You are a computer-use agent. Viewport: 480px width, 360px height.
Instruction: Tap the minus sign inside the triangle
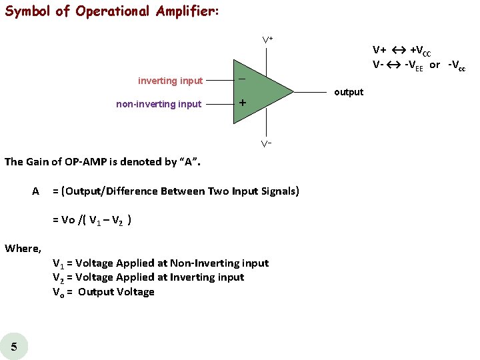coord(242,79)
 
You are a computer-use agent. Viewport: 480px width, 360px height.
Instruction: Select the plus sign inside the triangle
coord(243,103)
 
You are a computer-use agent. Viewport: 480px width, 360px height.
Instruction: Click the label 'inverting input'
coord(170,81)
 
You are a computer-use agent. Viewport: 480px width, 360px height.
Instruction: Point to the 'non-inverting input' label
coord(159,104)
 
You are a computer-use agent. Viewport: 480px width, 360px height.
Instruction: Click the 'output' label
coord(349,92)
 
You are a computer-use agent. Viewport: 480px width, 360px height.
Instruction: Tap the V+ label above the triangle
coord(267,41)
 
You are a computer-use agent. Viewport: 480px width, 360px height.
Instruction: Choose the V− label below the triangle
coord(266,143)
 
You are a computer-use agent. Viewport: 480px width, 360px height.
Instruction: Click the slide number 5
coord(14,345)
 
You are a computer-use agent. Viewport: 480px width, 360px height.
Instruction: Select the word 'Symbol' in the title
coord(28,12)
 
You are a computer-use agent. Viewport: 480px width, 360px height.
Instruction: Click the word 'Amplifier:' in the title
coord(181,12)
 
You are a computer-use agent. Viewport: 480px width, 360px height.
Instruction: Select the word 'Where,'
coord(23,249)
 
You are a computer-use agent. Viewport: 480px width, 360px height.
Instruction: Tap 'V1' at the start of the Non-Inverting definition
coord(59,263)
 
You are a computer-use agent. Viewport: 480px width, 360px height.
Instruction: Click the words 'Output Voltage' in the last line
coord(116,292)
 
